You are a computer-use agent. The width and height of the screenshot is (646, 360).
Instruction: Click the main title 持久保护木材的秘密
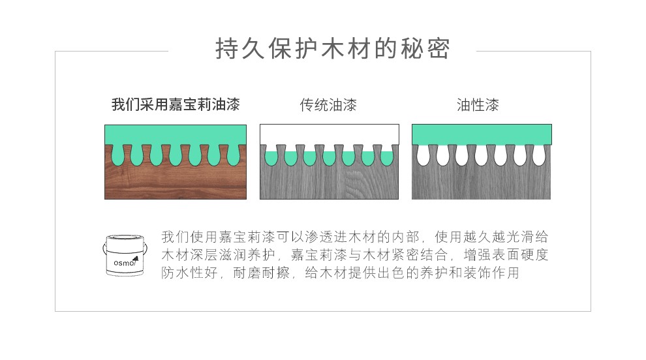(333, 49)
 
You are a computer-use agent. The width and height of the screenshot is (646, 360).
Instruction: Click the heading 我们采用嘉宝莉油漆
(176, 104)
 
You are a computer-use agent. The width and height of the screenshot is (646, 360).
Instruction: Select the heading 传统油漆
(328, 105)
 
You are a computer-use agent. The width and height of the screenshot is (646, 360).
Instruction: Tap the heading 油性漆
(478, 105)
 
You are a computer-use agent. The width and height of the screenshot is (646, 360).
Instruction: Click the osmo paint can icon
(125, 256)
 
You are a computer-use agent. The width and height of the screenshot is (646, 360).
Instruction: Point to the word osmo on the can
(124, 263)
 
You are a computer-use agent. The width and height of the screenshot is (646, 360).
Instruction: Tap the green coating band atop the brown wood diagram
(176, 135)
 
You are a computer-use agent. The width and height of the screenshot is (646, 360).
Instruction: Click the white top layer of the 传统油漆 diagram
(329, 134)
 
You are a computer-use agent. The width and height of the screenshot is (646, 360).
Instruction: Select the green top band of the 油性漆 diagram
(482, 134)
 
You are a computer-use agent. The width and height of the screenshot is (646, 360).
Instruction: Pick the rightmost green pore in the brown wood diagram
(234, 155)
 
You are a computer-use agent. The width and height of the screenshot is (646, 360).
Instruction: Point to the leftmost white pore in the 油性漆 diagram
(423, 155)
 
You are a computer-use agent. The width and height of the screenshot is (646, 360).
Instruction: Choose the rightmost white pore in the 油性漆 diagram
(539, 155)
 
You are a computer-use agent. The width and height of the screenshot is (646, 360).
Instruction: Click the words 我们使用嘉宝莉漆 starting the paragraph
(218, 237)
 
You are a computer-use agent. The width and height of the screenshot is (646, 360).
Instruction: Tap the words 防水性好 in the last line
(189, 273)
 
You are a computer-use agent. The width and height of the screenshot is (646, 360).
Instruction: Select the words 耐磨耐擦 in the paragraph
(261, 273)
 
